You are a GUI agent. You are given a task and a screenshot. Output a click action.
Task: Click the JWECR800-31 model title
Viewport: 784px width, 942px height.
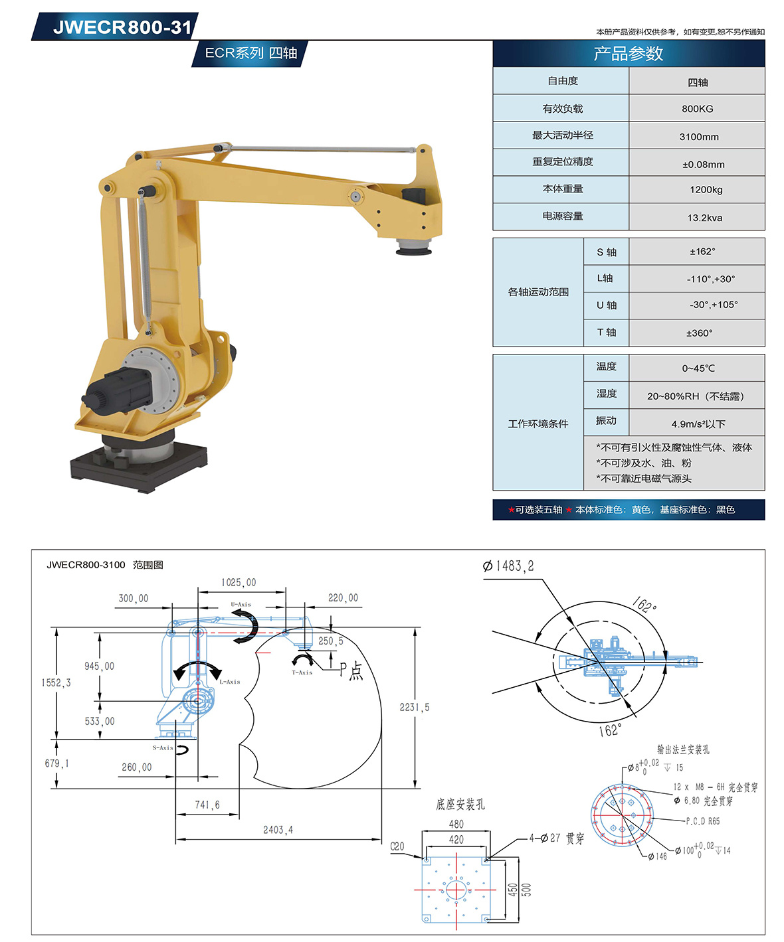pyautogui.click(x=122, y=27)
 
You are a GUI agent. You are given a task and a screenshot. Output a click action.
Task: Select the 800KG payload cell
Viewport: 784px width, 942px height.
pyautogui.click(x=697, y=109)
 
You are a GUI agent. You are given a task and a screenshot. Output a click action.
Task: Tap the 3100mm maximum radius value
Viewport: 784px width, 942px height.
pyautogui.click(x=699, y=137)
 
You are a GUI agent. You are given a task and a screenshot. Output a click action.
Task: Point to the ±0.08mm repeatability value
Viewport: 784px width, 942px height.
pyautogui.click(x=703, y=165)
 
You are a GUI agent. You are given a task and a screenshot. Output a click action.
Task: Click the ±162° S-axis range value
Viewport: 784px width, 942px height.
pyautogui.click(x=702, y=252)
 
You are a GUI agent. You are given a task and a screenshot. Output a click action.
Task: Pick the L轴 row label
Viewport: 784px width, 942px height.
pyautogui.click(x=605, y=278)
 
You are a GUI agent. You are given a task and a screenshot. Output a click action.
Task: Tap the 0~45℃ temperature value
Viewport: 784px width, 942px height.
pyautogui.click(x=698, y=368)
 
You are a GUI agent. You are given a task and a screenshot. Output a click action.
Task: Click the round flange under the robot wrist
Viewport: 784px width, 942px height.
pyautogui.click(x=414, y=246)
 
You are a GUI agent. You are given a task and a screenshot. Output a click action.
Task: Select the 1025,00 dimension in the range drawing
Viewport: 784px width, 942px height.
pyautogui.click(x=239, y=582)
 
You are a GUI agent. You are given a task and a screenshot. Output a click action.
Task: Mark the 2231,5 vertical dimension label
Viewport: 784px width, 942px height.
pyautogui.click(x=414, y=707)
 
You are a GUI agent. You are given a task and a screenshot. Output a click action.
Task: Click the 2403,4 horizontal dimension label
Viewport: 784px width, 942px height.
pyautogui.click(x=278, y=830)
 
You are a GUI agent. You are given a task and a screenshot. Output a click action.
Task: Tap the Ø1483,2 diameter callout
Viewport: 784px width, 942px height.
pyautogui.click(x=508, y=566)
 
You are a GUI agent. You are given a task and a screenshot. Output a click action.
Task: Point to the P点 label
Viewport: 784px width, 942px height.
pyautogui.click(x=351, y=671)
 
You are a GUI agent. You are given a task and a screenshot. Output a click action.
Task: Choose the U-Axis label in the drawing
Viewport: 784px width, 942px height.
pyautogui.click(x=241, y=604)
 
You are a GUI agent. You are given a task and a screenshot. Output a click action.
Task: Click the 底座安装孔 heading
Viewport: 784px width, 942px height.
pyautogui.click(x=460, y=804)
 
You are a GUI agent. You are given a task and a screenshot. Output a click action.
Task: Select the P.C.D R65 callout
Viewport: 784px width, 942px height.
pyautogui.click(x=703, y=821)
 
